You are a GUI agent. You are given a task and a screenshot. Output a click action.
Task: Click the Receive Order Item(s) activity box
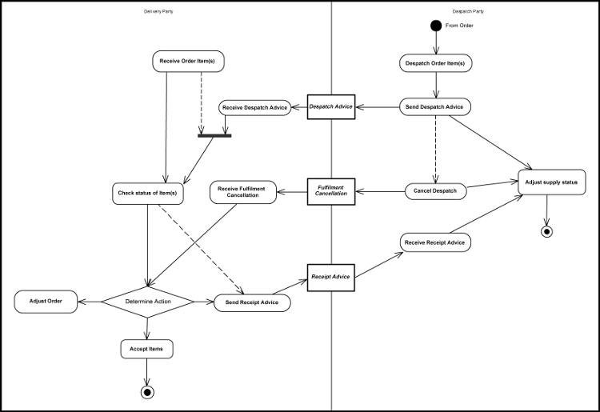pyautogui.click(x=188, y=61)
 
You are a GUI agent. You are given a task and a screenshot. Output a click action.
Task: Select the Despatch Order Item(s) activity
pyautogui.click(x=435, y=62)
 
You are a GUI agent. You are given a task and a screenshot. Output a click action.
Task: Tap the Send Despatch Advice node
pyautogui.click(x=435, y=106)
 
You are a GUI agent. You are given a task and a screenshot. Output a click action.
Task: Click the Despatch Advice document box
pyautogui.click(x=331, y=106)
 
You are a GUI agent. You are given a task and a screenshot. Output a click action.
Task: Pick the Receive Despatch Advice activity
pyautogui.click(x=254, y=107)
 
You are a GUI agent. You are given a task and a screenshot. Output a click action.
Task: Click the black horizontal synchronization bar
pyautogui.click(x=214, y=135)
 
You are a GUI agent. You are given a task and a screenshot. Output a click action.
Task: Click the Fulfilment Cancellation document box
pyautogui.click(x=331, y=191)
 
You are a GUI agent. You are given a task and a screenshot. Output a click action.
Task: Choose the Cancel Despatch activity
pyautogui.click(x=435, y=191)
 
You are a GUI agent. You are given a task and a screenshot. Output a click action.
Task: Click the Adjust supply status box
pyautogui.click(x=552, y=182)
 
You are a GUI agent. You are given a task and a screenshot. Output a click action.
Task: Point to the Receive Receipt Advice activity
pyautogui.click(x=435, y=242)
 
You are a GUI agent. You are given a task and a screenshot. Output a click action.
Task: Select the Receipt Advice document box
pyautogui.click(x=330, y=278)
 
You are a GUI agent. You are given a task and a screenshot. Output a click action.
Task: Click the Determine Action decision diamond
pyautogui.click(x=147, y=302)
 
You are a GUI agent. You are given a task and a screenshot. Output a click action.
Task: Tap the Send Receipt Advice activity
pyautogui.click(x=252, y=302)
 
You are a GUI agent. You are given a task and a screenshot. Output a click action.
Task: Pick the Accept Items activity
pyautogui.click(x=146, y=349)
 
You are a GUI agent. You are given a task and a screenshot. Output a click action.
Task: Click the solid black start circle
pyautogui.click(x=436, y=26)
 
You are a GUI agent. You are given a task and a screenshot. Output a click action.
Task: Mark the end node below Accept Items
pyautogui.click(x=146, y=392)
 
